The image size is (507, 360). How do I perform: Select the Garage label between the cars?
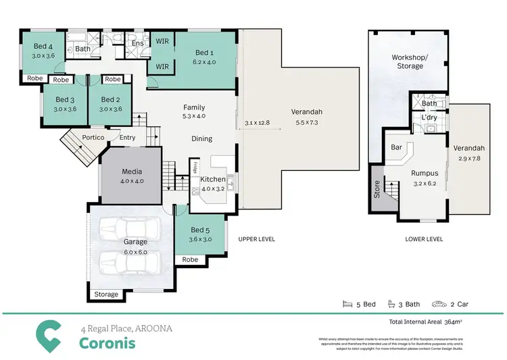pyautogui.click(x=135, y=241)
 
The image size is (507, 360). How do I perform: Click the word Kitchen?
pyautogui.click(x=214, y=179)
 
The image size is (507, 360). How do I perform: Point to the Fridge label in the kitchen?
pyautogui.click(x=195, y=167)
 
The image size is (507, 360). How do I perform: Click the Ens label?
pyautogui.click(x=137, y=44)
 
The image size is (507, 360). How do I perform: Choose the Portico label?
pyautogui.click(x=93, y=138)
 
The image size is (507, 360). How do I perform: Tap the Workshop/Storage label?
pyautogui.click(x=408, y=61)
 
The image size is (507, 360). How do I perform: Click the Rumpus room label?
pyautogui.click(x=425, y=172)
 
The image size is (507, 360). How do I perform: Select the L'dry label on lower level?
pyautogui.click(x=429, y=118)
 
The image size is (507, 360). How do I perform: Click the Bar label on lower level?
pyautogui.click(x=397, y=147)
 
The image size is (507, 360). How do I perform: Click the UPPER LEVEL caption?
pyautogui.click(x=256, y=239)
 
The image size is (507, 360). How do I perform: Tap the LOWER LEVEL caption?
pyautogui.click(x=424, y=239)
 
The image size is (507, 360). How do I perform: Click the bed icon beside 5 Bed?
pyautogui.click(x=347, y=305)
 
